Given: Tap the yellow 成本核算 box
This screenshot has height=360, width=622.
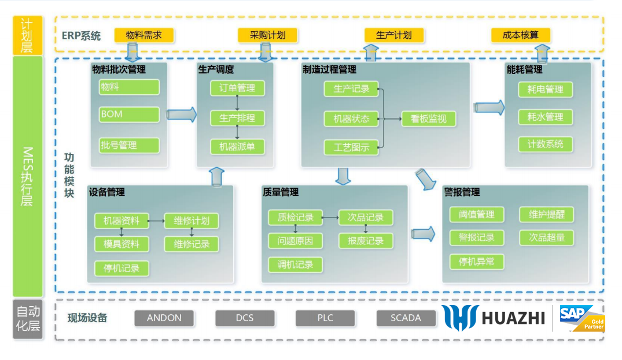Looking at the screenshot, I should click(520, 35).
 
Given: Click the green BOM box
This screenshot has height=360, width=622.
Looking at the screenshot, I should click(129, 114).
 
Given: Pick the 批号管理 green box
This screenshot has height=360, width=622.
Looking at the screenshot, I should click(129, 145).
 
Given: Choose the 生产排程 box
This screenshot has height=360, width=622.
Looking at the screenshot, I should click(237, 118).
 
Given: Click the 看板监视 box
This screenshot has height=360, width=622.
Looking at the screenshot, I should click(429, 119).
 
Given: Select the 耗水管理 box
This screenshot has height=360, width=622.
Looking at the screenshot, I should click(545, 117).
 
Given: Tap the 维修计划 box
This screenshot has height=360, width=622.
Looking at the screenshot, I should click(192, 221).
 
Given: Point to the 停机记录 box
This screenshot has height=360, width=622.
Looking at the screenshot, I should click(122, 269).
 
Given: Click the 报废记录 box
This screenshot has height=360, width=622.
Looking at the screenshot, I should click(366, 241).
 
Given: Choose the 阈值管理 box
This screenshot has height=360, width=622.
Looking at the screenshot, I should click(477, 215).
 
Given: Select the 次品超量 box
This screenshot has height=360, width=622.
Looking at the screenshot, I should click(546, 237).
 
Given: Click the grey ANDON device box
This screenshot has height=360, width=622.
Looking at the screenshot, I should click(164, 318).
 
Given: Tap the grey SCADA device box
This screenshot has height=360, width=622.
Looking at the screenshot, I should click(406, 318).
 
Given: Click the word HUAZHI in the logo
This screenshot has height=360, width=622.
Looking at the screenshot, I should click(513, 318).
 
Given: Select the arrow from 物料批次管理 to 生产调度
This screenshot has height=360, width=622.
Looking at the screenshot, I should click(182, 114).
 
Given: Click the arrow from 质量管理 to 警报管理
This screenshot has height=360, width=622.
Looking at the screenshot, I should click(423, 234).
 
